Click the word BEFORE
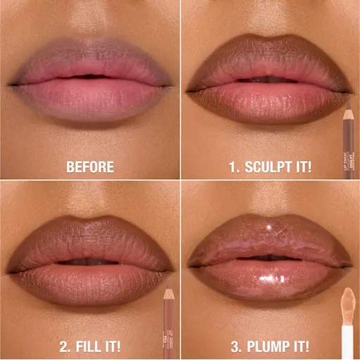pos(90,168)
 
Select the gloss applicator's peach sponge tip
pos(347,302)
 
